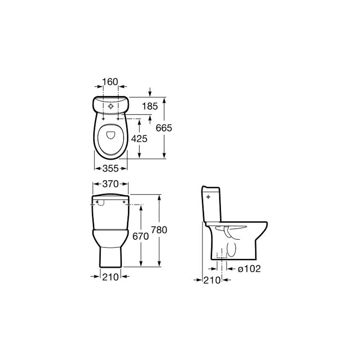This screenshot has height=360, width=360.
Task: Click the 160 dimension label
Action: coord(110,82)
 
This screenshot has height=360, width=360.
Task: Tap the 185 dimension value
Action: coord(150,106)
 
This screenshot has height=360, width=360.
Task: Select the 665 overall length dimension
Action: coord(164,128)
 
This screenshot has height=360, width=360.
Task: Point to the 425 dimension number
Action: coord(139,139)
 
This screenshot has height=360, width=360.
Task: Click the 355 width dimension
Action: coord(111,168)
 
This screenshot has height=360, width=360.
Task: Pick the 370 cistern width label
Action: coord(111,184)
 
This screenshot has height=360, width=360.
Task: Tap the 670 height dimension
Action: coord(140,236)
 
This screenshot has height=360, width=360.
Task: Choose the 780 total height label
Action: coord(159,230)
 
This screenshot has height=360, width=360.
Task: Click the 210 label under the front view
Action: coord(111,277)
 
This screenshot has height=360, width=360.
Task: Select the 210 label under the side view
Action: coord(212,280)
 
